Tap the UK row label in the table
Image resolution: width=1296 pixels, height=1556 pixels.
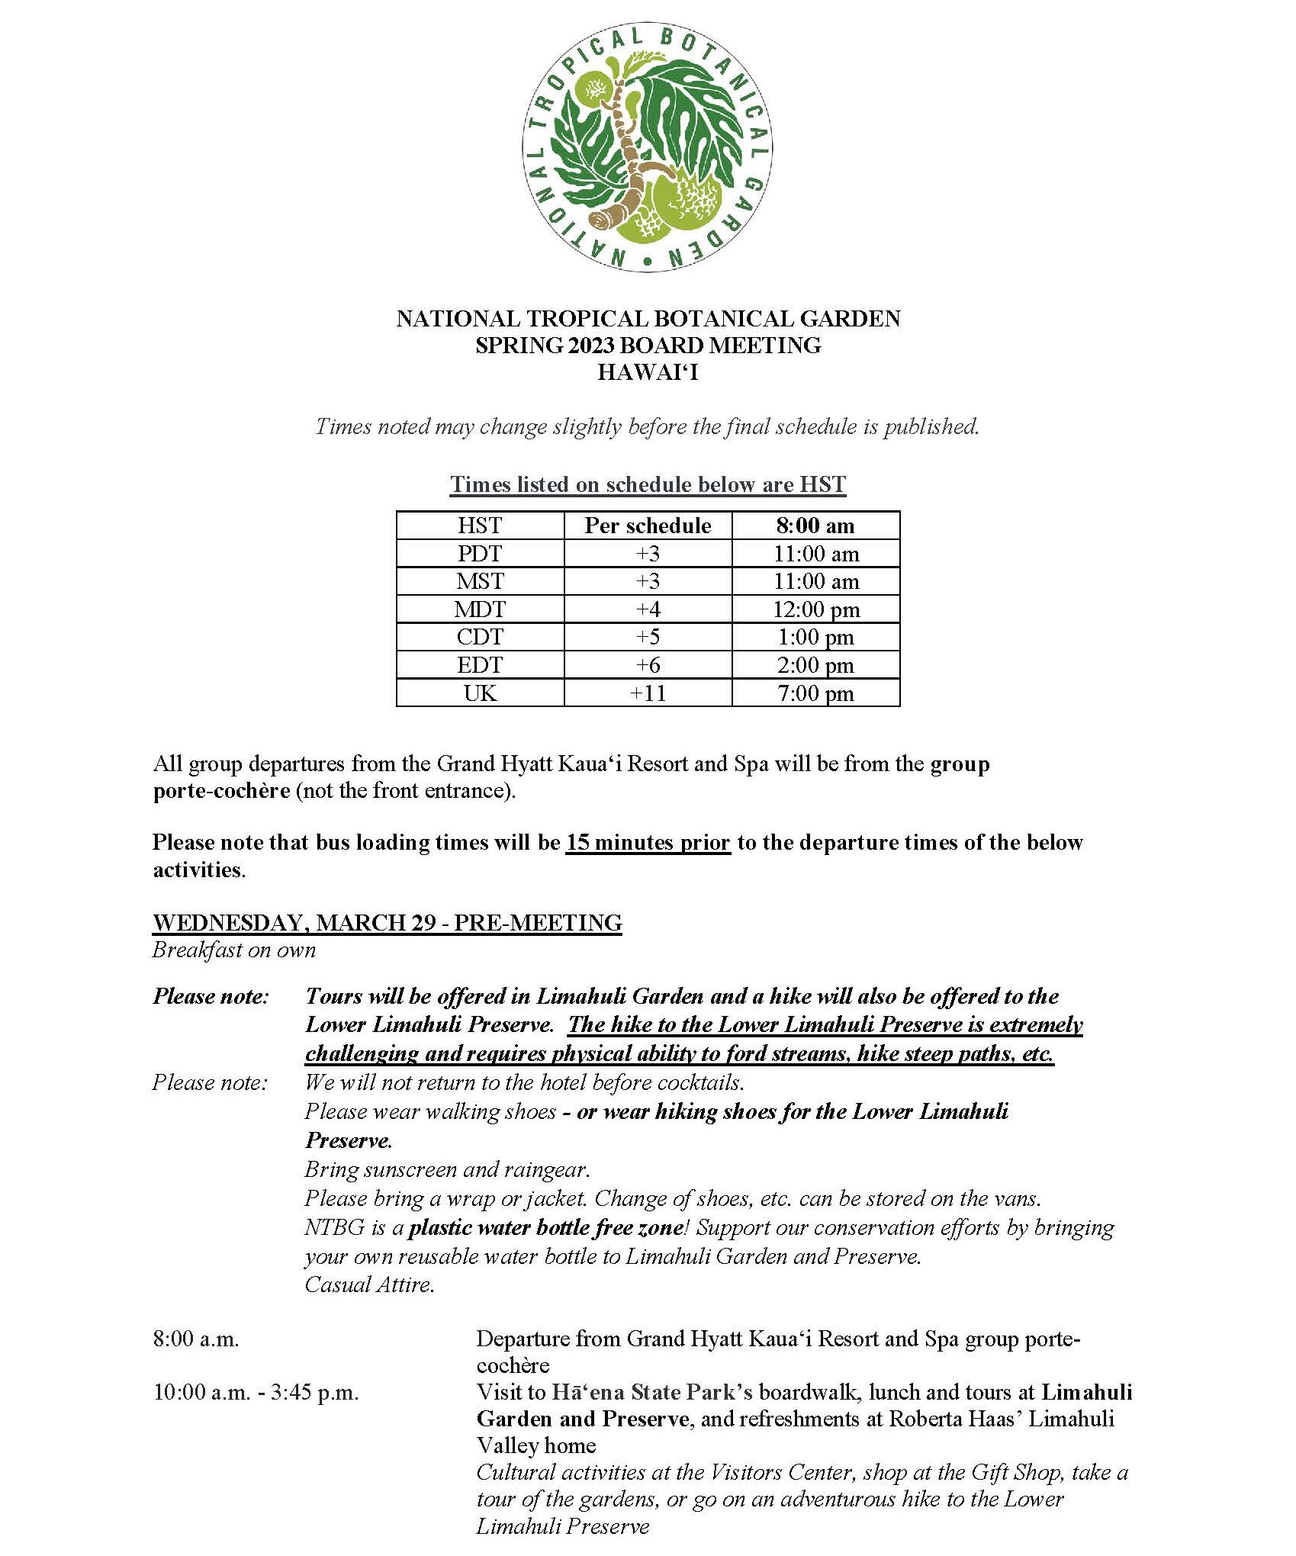[x=480, y=693]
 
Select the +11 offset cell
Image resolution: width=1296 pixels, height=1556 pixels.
[x=648, y=693]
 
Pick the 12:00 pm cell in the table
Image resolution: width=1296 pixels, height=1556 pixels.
[x=815, y=609]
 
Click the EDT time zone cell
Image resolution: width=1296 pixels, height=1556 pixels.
[x=480, y=665]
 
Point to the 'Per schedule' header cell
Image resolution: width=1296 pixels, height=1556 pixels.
[x=648, y=526]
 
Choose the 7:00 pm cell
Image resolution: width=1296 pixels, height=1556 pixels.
[x=815, y=693]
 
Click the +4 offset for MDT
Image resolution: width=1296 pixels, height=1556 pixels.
[x=648, y=609]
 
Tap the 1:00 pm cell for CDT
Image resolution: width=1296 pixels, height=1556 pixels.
[x=815, y=637]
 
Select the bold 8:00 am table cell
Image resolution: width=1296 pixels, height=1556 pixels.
[x=815, y=526]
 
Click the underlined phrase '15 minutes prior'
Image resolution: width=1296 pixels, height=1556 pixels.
[x=648, y=843]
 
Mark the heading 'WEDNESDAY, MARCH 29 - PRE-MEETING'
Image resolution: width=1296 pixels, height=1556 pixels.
[x=387, y=923]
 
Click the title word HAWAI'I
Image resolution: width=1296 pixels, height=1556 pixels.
[x=648, y=372]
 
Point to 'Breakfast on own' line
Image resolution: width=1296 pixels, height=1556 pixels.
[x=233, y=950]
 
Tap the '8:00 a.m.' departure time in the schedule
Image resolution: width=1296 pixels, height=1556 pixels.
[x=196, y=1339]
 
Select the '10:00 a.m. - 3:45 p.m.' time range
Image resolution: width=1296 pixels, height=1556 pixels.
[x=256, y=1392]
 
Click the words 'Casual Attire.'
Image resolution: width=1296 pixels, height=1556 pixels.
[x=369, y=1284]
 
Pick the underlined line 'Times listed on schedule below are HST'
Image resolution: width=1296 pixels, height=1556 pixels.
[x=648, y=485]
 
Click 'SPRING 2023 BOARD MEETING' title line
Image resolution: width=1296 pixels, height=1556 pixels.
[x=648, y=346]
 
